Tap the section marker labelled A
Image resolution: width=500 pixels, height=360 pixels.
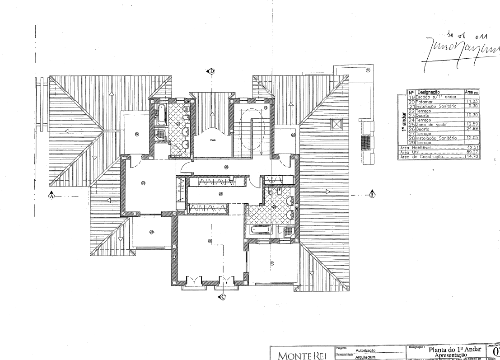pos(52,196)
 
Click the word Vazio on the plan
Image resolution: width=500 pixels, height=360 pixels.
pos(212,140)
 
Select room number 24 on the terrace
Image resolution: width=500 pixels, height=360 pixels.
pos(151,232)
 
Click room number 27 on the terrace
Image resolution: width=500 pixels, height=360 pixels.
pos(272,263)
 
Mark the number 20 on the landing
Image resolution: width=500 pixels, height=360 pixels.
pos(226,167)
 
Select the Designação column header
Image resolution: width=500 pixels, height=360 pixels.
pos(431,92)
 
